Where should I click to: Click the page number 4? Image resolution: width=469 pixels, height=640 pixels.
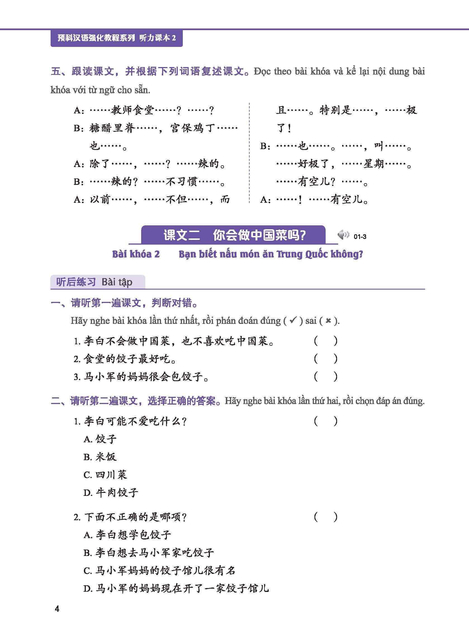click(x=57, y=609)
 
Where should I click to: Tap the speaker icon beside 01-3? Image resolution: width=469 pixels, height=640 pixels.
click(x=343, y=235)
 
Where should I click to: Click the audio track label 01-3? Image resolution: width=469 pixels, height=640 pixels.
click(x=360, y=237)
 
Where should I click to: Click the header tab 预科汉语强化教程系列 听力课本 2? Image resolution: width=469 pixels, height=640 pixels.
click(x=116, y=38)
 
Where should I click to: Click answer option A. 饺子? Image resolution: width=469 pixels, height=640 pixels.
click(x=100, y=439)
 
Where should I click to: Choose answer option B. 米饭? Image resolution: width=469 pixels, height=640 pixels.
click(x=100, y=457)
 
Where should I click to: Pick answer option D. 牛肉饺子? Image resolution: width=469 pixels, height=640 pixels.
click(x=111, y=493)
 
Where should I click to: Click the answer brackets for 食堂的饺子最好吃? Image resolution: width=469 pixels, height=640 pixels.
click(x=326, y=359)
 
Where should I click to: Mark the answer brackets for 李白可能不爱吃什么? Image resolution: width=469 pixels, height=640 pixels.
click(x=326, y=421)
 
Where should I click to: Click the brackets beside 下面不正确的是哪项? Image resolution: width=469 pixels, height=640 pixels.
click(x=326, y=517)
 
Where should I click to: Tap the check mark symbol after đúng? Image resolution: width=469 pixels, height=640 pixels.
click(x=293, y=321)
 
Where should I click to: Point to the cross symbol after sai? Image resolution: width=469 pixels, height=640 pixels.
click(x=328, y=321)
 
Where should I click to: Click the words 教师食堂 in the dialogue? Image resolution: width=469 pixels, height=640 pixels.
click(x=132, y=110)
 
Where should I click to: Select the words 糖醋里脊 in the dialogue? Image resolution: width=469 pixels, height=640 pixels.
click(x=112, y=128)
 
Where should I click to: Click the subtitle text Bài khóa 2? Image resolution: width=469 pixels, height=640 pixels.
click(x=136, y=254)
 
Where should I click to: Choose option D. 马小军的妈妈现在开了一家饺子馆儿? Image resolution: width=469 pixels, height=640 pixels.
click(x=176, y=588)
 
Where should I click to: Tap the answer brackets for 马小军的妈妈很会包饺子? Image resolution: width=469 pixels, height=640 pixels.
click(x=326, y=377)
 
